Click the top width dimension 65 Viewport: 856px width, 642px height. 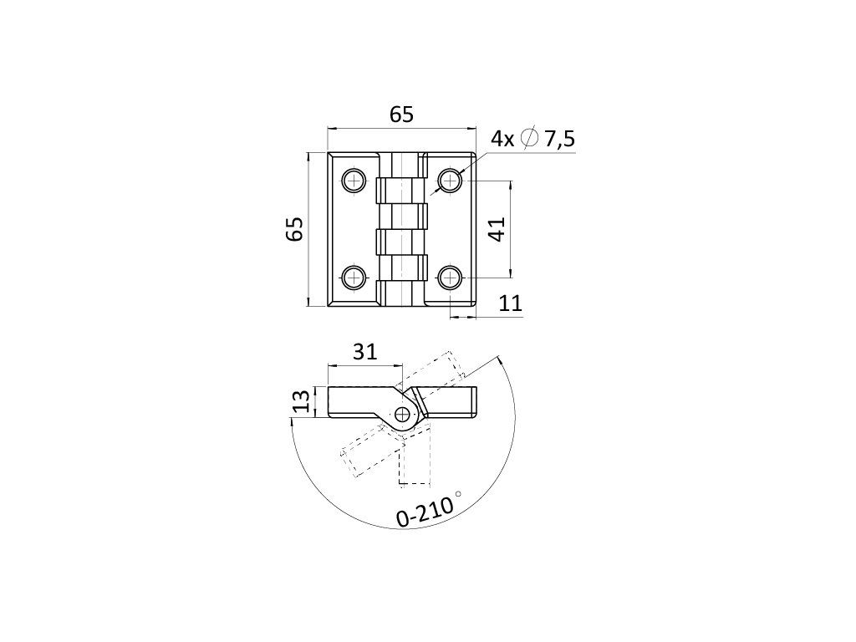click(401, 115)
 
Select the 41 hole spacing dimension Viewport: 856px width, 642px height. click(497, 229)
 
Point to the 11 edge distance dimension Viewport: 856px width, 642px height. click(510, 304)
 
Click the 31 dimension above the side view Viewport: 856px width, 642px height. click(364, 352)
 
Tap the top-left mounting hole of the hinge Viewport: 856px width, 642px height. click(354, 180)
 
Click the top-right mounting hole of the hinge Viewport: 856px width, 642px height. click(451, 180)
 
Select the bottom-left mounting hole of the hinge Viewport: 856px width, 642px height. click(354, 277)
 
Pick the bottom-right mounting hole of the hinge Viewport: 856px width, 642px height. click(451, 277)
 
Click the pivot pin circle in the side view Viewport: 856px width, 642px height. click(405, 414)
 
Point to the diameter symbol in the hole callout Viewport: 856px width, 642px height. click(528, 140)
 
